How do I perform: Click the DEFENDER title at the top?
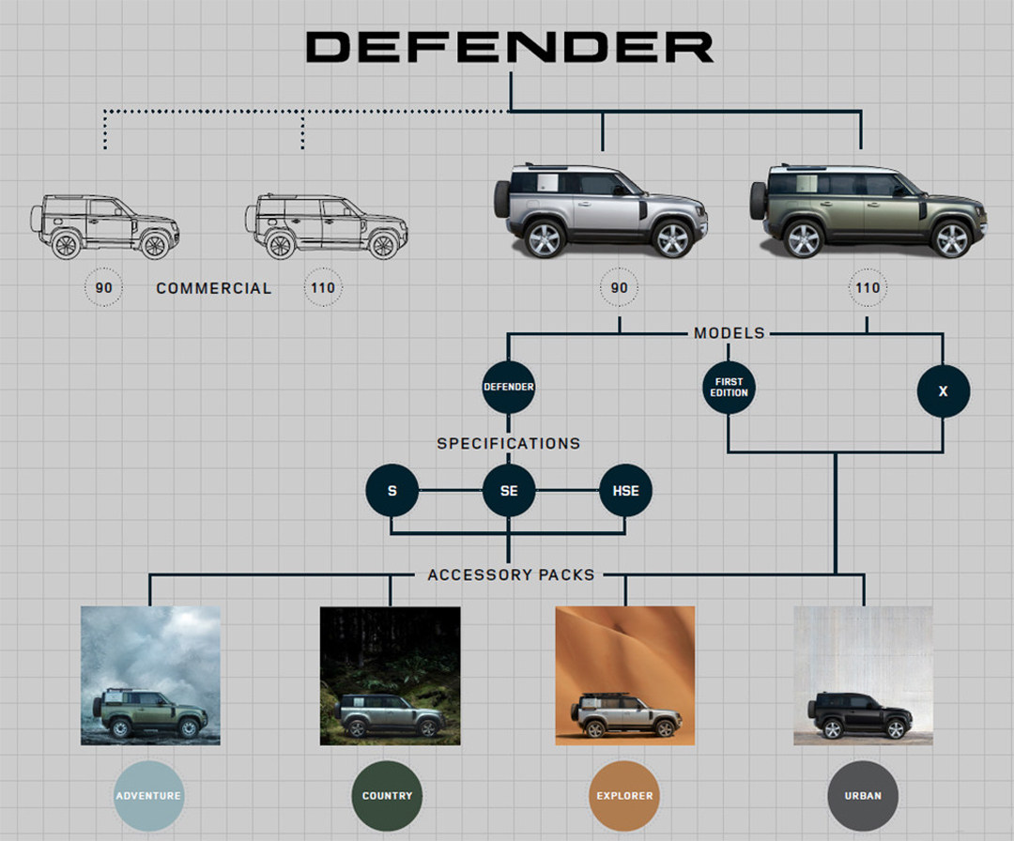click(510, 47)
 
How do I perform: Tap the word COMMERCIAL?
click(214, 288)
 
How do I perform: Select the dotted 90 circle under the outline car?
click(103, 287)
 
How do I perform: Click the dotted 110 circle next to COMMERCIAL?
click(322, 287)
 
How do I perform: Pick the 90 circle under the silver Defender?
click(619, 287)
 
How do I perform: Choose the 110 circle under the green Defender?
click(867, 287)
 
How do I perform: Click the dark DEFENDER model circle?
click(508, 387)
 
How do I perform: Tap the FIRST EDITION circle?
click(729, 387)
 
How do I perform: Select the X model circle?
click(943, 391)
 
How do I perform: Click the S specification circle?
click(392, 491)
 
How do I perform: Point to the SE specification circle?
click(508, 491)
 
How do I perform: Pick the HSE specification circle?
click(625, 491)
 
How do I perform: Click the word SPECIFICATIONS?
click(508, 443)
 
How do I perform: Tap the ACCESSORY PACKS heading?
click(511, 574)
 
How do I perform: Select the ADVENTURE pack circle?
click(148, 796)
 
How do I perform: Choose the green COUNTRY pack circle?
click(387, 796)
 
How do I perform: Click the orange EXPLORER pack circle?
click(624, 796)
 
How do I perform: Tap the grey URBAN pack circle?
click(863, 796)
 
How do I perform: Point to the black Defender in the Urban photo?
click(860, 717)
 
